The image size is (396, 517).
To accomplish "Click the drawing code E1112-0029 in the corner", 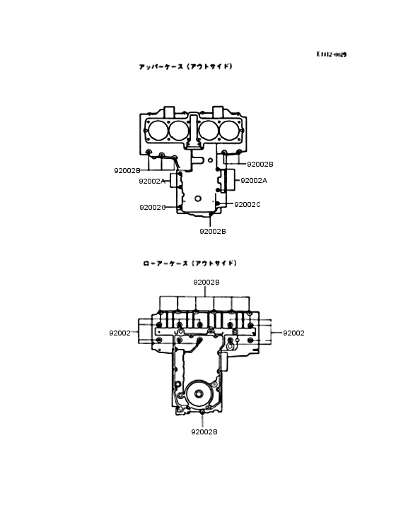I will pos(332,54).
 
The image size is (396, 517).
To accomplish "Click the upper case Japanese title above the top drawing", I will pos(185,66).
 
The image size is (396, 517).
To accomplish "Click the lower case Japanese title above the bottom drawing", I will pos(190,263).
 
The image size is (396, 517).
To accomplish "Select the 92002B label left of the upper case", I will pos(127,171).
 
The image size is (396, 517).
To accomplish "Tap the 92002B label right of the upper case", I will pos(260,164).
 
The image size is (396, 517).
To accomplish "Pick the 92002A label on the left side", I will pos(152,181).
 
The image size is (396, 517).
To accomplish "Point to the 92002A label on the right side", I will pos(254,181).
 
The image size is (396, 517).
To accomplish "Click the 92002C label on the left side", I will pos(153,207).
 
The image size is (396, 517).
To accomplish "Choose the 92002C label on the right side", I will pos(248,204).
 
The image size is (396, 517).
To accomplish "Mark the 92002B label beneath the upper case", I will pos(212,231).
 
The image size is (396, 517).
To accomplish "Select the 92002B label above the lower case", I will pos(206,282).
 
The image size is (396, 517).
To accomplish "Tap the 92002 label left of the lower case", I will pos(120,333).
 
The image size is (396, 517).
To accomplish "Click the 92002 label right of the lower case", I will pos(293,333).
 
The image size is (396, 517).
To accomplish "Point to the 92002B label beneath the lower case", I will pos(204,432).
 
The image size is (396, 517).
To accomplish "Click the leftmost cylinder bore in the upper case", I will pos(158,131).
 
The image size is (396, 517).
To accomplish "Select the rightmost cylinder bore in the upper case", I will pos(229,131).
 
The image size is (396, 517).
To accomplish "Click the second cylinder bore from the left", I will pos(178,131).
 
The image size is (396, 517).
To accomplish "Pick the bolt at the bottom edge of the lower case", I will pos(202,412).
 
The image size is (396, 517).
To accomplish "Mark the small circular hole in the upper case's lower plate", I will pos(201,197).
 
